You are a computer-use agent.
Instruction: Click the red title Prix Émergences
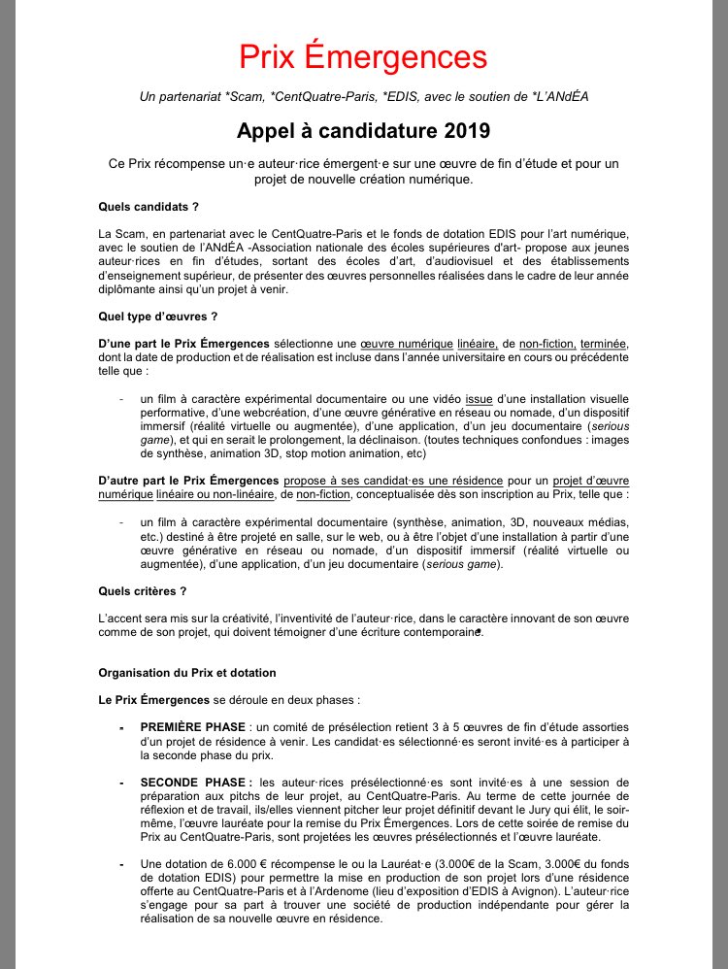(363, 55)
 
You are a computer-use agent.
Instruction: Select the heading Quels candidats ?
(149, 205)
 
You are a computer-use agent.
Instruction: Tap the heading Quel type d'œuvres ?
(157, 316)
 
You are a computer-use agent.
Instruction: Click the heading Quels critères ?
(142, 589)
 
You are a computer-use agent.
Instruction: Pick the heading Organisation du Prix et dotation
(187, 672)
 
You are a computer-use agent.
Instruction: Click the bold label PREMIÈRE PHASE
(192, 727)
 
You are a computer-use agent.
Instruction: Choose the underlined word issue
(480, 398)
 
